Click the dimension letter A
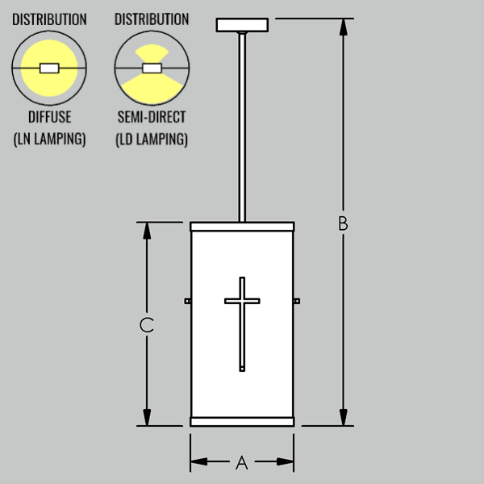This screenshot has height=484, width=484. [242, 462]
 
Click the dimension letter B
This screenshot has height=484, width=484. [343, 223]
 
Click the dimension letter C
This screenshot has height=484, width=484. [147, 325]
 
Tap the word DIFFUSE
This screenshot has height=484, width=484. [50, 117]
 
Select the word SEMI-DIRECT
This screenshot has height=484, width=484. [152, 117]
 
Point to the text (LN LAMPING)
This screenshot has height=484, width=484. [50, 139]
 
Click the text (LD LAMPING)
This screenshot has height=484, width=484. [152, 139]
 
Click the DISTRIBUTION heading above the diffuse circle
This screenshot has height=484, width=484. [49, 19]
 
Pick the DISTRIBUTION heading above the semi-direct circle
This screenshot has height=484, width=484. [152, 19]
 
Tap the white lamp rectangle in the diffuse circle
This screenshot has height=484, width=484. [49, 69]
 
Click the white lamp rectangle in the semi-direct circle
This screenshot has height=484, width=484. [152, 69]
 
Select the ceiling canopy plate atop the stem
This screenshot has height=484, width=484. [242, 25]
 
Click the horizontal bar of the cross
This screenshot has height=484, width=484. [242, 301]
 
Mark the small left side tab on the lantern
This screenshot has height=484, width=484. [188, 301]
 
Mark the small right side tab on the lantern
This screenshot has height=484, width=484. [297, 301]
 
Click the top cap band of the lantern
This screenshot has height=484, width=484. [242, 227]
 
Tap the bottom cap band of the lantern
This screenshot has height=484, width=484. [242, 422]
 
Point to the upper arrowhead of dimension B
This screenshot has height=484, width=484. [344, 27]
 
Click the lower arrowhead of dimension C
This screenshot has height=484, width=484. [147, 417]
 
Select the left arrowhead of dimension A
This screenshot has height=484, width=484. [199, 461]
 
